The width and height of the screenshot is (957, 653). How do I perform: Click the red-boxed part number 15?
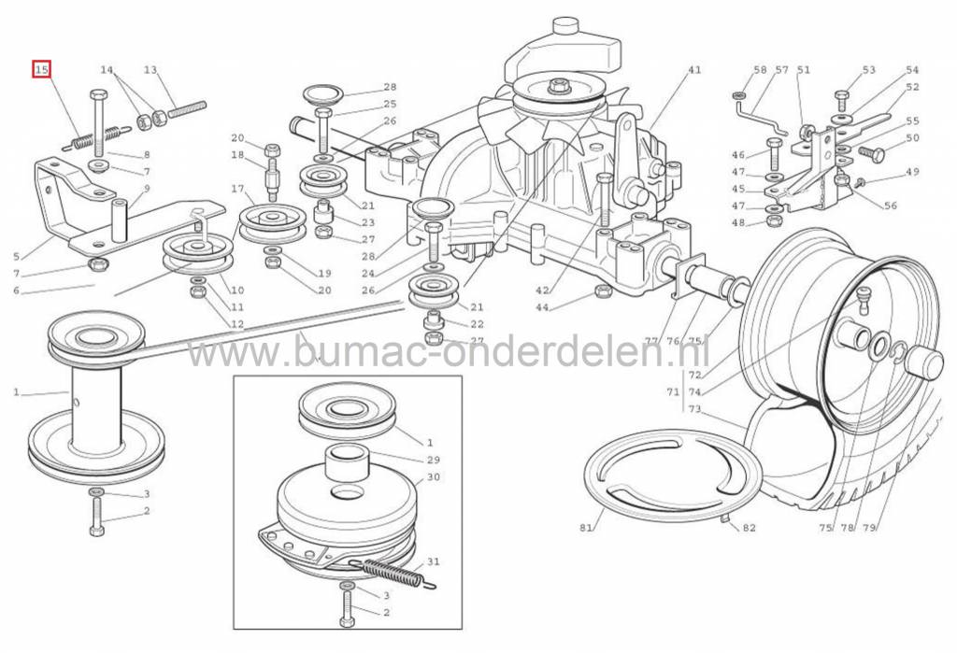[x=41, y=70]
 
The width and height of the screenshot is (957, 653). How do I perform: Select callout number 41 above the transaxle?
[x=694, y=69]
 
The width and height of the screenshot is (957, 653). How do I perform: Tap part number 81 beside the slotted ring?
[x=586, y=527]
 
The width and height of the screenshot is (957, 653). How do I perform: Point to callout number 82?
[x=749, y=527]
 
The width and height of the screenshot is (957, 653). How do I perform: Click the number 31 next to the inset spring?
[x=433, y=561]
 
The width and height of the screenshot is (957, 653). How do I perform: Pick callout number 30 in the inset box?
[x=433, y=476]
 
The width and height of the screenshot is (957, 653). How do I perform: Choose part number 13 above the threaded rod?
[x=150, y=69]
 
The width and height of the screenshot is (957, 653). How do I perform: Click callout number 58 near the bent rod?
[x=760, y=69]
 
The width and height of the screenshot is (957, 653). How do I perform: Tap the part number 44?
[x=543, y=307]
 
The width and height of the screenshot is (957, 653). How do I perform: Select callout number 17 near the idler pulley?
[x=237, y=189]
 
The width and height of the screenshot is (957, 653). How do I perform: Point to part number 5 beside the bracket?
[x=17, y=257]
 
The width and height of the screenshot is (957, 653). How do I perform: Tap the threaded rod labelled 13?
[x=187, y=109]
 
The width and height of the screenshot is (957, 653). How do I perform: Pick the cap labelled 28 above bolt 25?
[x=322, y=94]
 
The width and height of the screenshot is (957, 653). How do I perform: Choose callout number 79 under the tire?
[x=869, y=527]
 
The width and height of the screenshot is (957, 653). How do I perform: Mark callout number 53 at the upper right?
[x=868, y=69]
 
